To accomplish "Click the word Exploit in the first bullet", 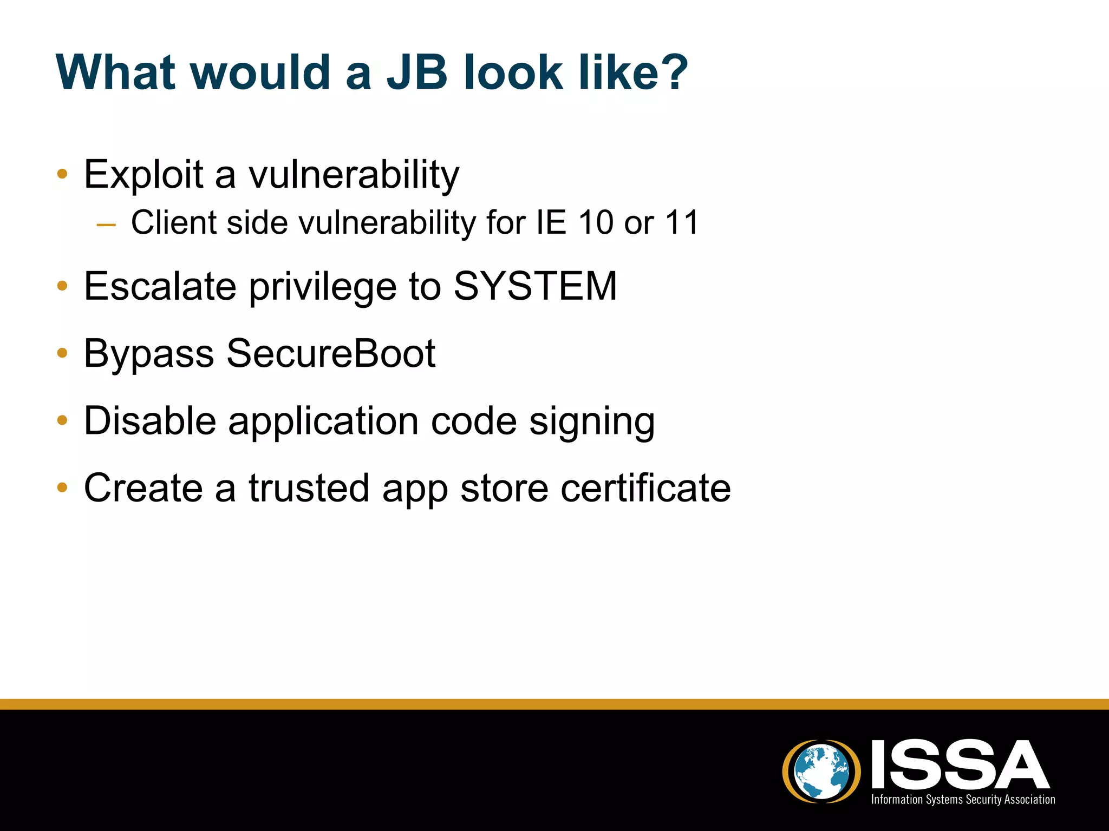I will click(x=143, y=175).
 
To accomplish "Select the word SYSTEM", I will click(x=535, y=286).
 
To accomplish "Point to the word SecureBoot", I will click(x=331, y=354).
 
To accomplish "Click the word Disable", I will click(x=150, y=421).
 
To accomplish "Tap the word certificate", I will click(x=645, y=488).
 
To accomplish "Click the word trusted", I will click(x=309, y=488).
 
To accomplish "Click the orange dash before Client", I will click(x=106, y=225).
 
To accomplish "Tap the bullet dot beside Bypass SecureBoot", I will click(x=62, y=353).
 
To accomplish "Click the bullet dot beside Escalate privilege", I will click(x=62, y=286).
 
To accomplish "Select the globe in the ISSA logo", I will click(x=821, y=771).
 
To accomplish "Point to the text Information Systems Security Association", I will click(x=963, y=800).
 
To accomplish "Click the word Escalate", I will click(x=160, y=286).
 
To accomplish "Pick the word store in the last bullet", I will click(x=504, y=488).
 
